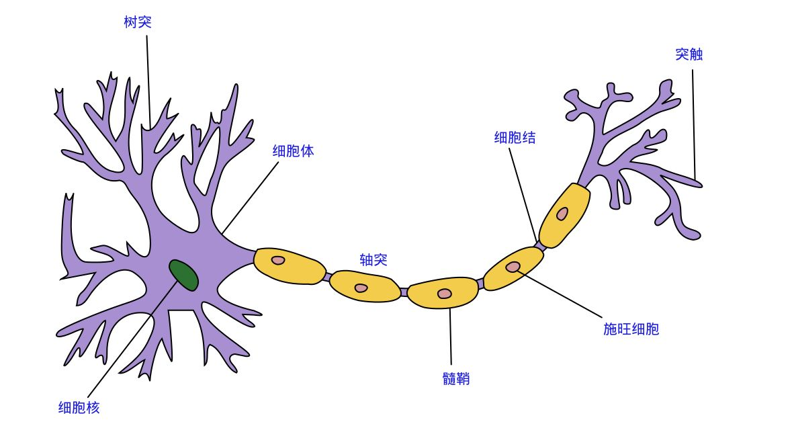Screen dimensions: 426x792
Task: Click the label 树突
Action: [x=138, y=22]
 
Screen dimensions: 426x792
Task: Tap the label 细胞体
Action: [x=293, y=151]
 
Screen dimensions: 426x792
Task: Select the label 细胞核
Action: [x=79, y=407]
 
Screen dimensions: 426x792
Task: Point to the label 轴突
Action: [x=373, y=260]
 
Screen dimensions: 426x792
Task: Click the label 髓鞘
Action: [x=456, y=379]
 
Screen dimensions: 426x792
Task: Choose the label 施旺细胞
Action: [x=631, y=329]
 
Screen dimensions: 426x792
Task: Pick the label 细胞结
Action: [x=515, y=138]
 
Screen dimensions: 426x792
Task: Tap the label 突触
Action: [x=689, y=54]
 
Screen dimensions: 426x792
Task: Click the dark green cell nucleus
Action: [x=183, y=275]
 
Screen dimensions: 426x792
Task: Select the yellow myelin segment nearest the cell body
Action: [x=289, y=266]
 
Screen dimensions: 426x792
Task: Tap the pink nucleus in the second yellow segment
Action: [x=361, y=288]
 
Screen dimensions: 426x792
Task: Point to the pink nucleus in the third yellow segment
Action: [x=444, y=294]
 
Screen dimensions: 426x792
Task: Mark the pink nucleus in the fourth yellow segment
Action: [x=513, y=267]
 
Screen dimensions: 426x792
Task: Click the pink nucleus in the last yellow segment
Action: [x=562, y=214]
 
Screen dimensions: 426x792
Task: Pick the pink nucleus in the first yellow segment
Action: [x=278, y=260]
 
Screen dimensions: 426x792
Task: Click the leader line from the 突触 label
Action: [x=694, y=121]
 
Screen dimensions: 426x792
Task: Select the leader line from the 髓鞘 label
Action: [x=450, y=336]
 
